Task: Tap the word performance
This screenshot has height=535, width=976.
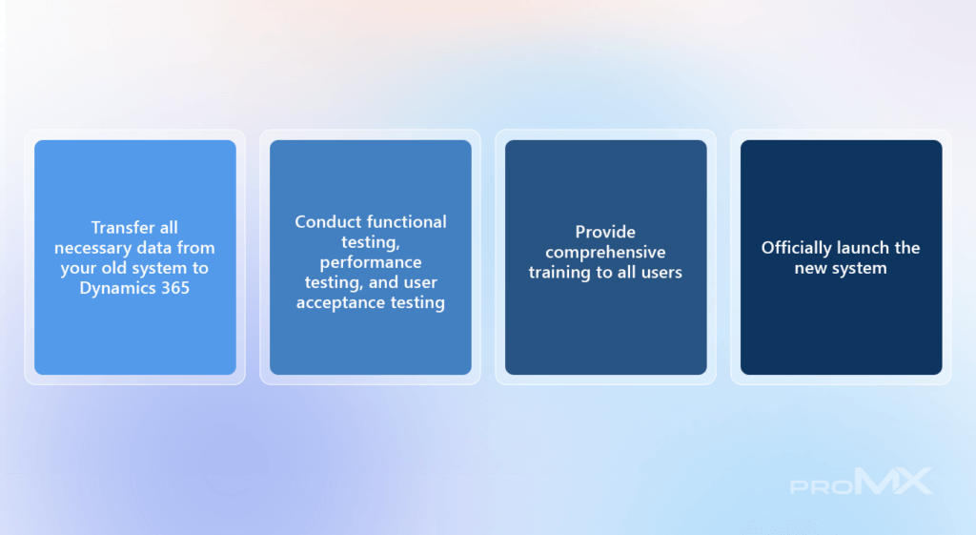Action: click(x=371, y=263)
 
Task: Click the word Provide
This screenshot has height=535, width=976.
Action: click(x=605, y=232)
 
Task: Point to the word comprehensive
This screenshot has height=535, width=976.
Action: click(x=605, y=253)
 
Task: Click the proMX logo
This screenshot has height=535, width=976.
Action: click(x=862, y=482)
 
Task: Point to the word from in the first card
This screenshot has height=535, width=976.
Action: click(x=195, y=248)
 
